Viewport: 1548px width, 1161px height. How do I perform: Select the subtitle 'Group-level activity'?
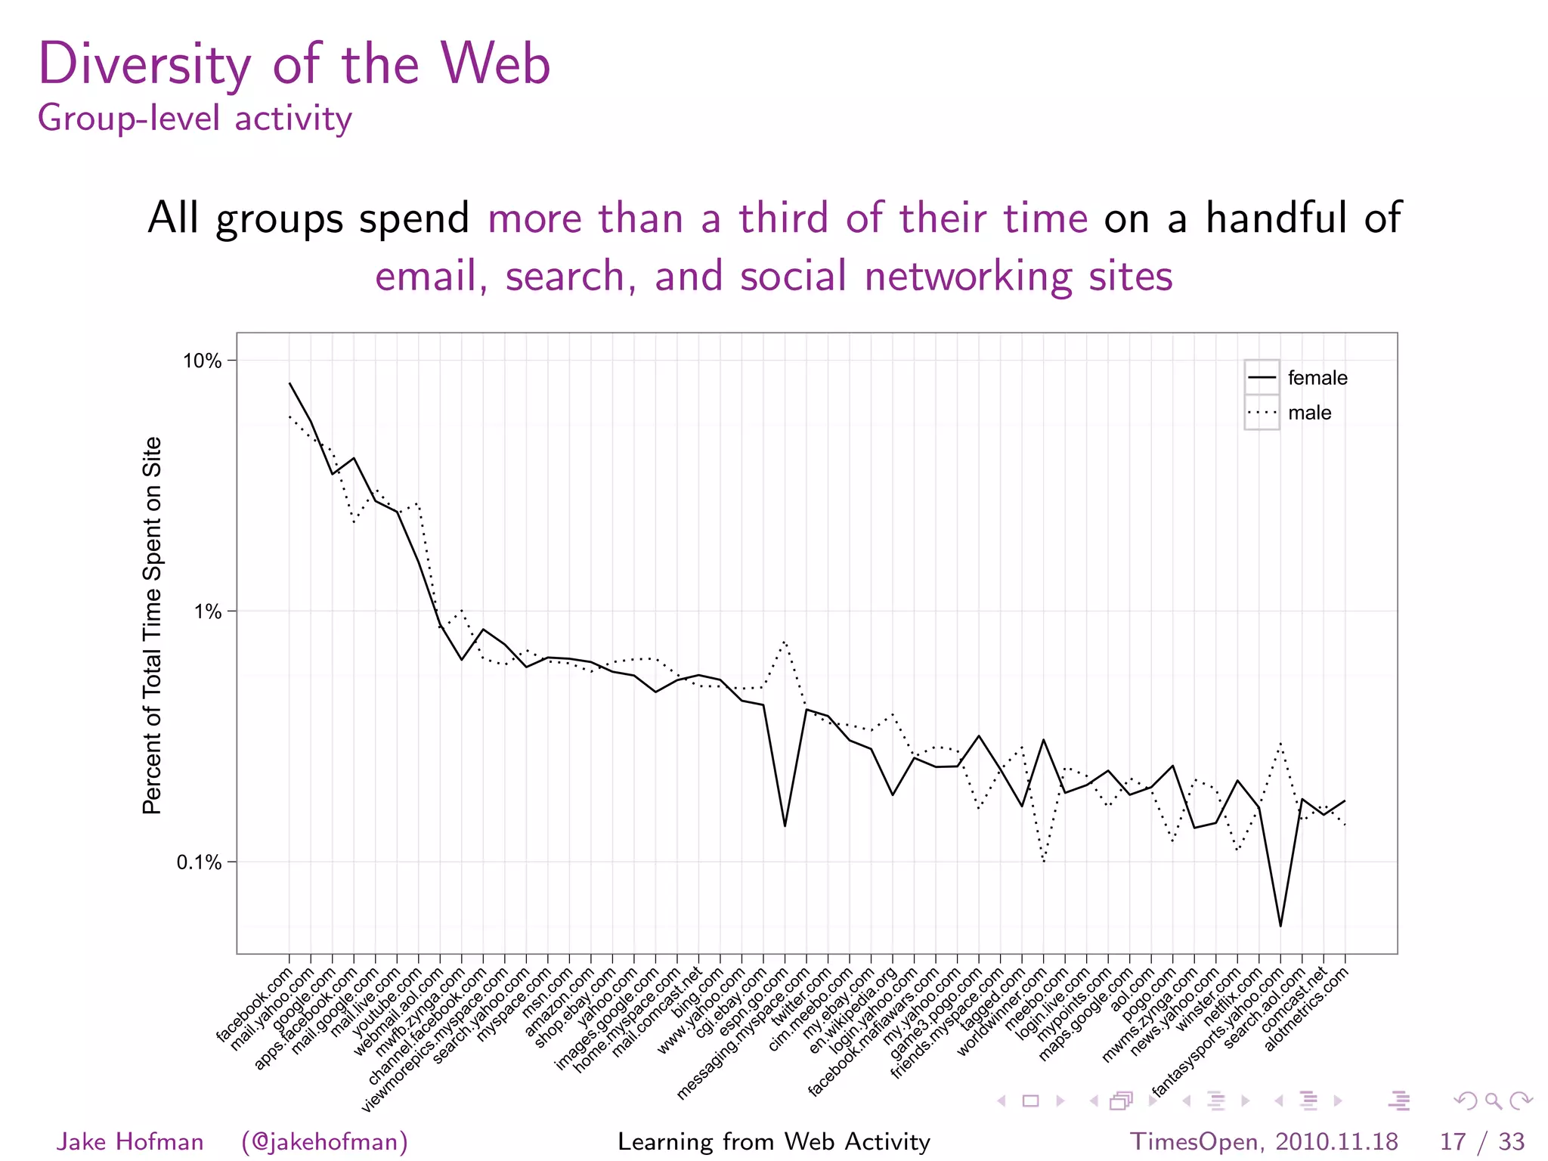[x=194, y=119]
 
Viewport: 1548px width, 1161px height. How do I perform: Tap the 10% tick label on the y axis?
[x=202, y=361]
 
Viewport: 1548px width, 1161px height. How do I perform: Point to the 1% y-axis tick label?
[x=208, y=611]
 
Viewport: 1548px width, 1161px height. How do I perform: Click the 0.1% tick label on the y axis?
[x=199, y=862]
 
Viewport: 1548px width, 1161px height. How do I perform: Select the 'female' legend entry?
[x=1317, y=378]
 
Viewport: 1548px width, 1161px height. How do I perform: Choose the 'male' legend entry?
[x=1309, y=413]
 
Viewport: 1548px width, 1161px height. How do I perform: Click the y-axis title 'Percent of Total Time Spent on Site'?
[x=152, y=625]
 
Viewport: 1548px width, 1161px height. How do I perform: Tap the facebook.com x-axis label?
[x=255, y=1005]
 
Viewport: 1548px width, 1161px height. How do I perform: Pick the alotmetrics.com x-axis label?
[x=1307, y=1009]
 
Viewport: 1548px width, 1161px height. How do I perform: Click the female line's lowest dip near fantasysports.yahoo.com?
[x=1280, y=925]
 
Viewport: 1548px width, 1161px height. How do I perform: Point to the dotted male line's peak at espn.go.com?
[x=785, y=642]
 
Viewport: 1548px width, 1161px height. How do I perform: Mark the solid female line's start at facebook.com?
[x=289, y=383]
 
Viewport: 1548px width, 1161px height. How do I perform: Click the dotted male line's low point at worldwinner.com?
[x=1044, y=861]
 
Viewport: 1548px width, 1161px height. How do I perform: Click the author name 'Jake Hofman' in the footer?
[x=130, y=1141]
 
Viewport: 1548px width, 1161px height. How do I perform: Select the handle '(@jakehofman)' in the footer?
[x=324, y=1141]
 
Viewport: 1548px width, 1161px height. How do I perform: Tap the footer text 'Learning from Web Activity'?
[x=773, y=1141]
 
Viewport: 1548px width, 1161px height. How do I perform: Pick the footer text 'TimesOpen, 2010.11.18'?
[x=1263, y=1141]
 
